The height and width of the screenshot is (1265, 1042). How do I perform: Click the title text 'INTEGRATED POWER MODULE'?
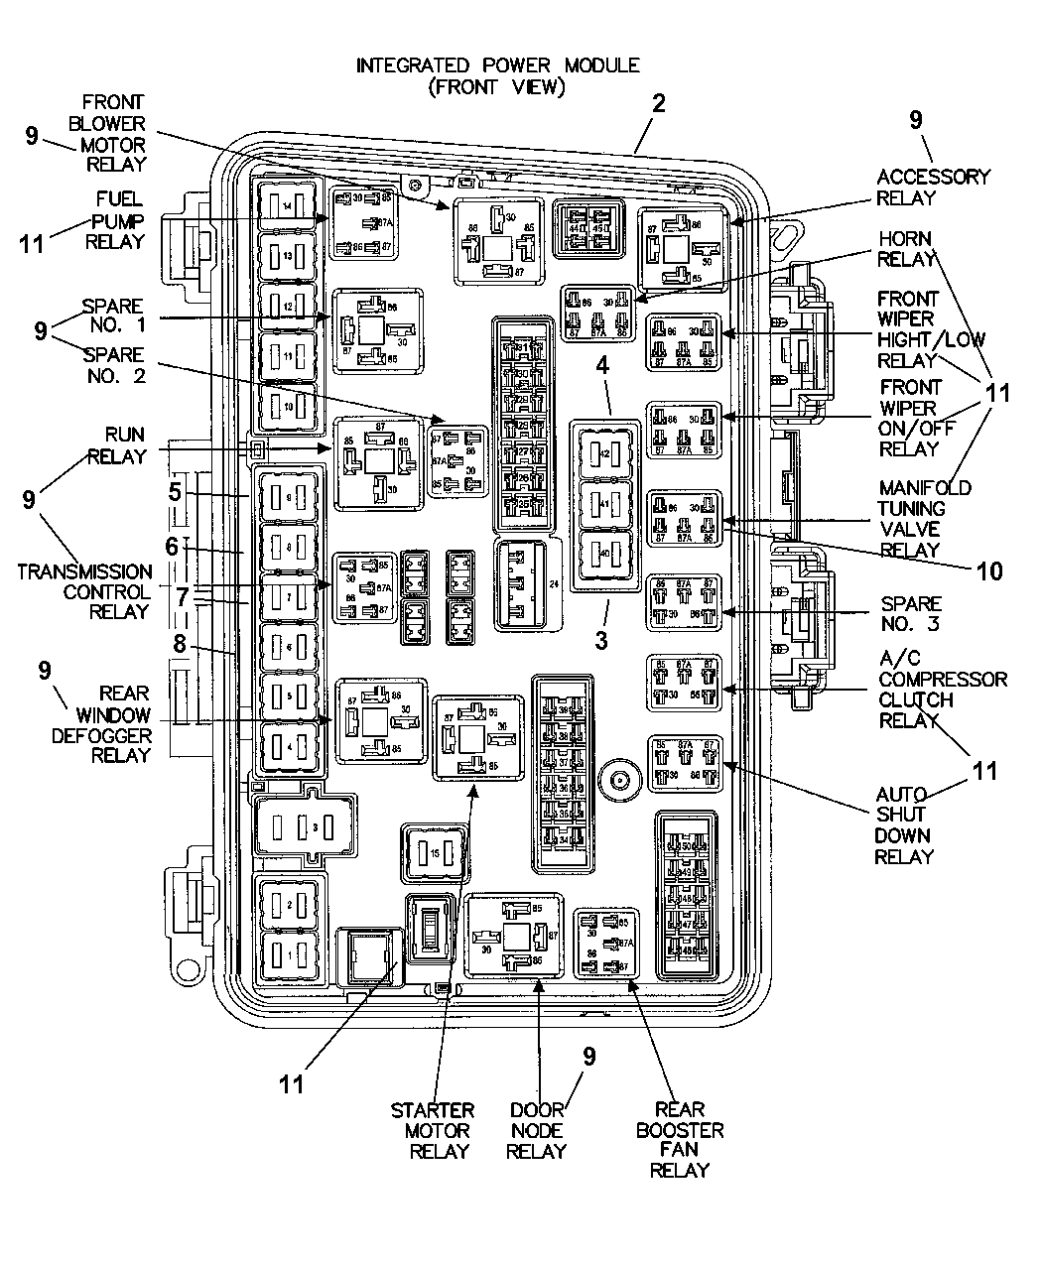(497, 65)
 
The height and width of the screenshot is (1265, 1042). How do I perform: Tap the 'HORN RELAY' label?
(906, 249)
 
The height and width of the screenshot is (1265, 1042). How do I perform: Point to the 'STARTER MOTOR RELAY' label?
(433, 1130)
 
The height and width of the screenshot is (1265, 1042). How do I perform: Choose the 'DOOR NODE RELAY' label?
(536, 1130)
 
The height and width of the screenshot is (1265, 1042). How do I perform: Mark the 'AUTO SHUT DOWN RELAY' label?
(903, 824)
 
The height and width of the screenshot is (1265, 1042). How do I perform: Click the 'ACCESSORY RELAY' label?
(933, 187)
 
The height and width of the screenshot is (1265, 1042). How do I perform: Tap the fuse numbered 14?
(287, 205)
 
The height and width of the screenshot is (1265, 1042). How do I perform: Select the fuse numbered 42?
(605, 453)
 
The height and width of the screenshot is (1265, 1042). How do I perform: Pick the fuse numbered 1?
(287, 954)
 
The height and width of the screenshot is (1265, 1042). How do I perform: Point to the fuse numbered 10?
(287, 408)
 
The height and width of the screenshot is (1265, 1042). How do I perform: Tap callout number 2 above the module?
(657, 103)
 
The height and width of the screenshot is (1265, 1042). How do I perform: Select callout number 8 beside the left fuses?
(179, 643)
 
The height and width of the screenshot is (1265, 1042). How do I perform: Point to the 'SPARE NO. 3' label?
(909, 613)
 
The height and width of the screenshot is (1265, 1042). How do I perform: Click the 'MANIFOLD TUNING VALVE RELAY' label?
(910, 519)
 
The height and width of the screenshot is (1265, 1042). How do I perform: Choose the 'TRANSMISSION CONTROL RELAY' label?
(84, 591)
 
